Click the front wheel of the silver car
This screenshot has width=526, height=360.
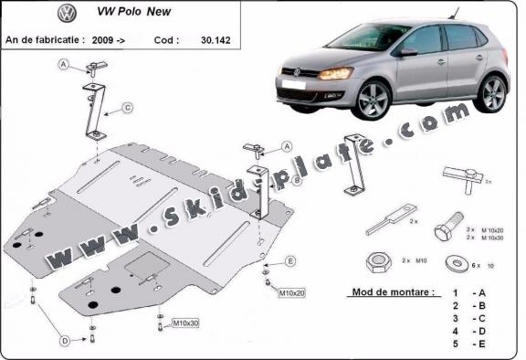pos(373,103)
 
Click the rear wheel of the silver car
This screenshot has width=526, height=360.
pos(492,92)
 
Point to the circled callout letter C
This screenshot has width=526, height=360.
pos(127,108)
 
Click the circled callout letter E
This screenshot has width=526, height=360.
pos(290,261)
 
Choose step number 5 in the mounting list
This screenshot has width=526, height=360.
pos(454,345)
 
